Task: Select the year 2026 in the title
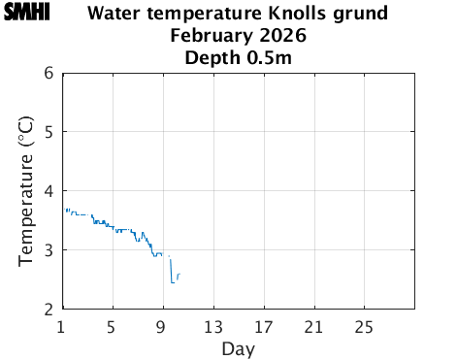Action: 282,37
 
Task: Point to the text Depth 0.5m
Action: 238,58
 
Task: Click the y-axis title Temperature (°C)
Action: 27,190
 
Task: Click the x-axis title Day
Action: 238,347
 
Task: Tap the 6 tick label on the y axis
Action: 49,73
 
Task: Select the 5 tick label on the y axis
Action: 49,132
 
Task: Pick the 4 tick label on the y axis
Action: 49,191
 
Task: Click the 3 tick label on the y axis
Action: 49,250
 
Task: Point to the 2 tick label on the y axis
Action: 49,310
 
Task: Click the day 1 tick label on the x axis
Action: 62,325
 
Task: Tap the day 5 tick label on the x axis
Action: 113,325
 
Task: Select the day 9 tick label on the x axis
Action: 163,325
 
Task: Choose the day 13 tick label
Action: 213,325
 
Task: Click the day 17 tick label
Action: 264,325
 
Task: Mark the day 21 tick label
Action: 314,325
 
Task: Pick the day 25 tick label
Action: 365,325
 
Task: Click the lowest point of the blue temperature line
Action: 173,281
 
